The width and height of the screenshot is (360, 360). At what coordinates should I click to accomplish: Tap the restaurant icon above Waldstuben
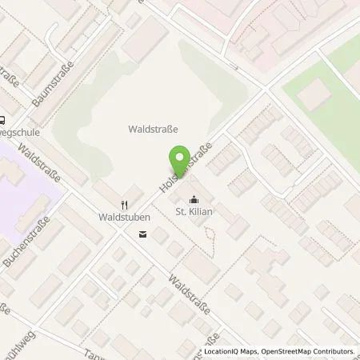click(x=125, y=203)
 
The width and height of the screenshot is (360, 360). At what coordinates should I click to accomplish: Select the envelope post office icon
click(x=142, y=234)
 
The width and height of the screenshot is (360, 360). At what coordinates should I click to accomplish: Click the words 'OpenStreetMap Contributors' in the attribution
click(x=310, y=351)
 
